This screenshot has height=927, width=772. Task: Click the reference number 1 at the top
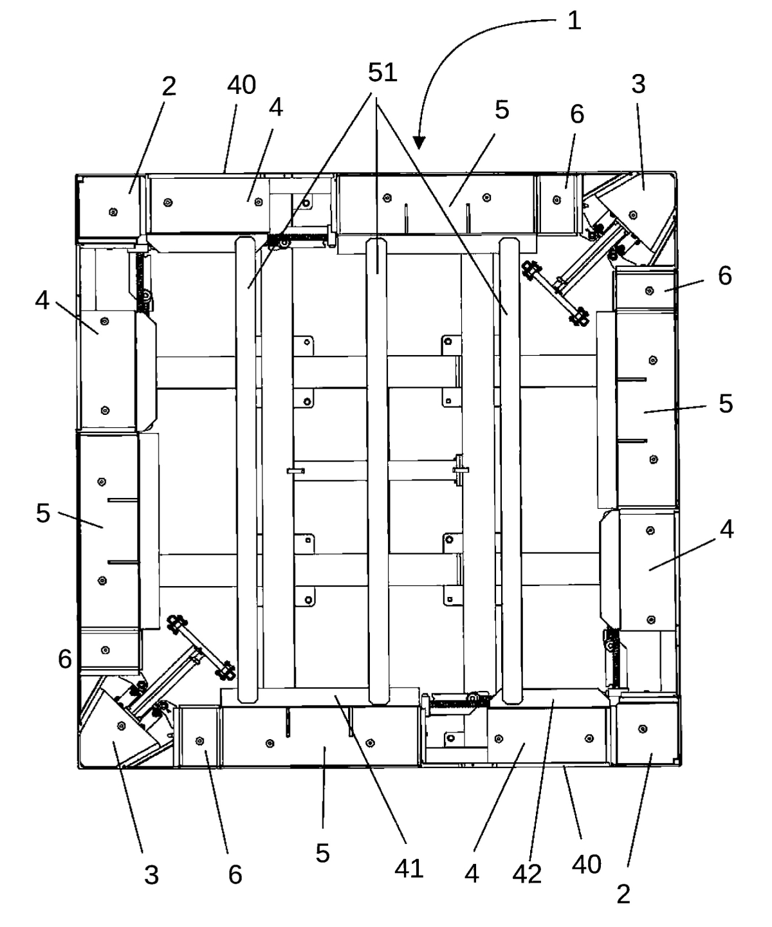click(x=574, y=21)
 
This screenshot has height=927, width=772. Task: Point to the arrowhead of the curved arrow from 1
click(x=419, y=143)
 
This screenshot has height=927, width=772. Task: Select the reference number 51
click(x=382, y=72)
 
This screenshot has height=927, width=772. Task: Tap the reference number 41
click(x=409, y=868)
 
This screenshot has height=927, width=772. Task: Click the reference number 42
click(x=527, y=874)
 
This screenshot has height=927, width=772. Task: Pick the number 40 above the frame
click(x=241, y=84)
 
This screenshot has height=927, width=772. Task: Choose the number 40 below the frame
click(x=587, y=865)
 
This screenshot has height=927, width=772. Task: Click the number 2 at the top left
click(x=169, y=86)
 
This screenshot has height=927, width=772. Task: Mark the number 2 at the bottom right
click(x=623, y=895)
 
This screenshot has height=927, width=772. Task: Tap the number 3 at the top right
click(x=638, y=84)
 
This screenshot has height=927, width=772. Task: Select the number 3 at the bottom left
click(x=151, y=875)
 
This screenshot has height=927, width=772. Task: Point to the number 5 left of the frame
click(x=43, y=513)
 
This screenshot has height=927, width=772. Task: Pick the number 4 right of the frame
click(x=726, y=529)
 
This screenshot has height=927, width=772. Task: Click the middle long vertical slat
click(x=378, y=471)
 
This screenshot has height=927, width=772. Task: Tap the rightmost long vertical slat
click(x=511, y=471)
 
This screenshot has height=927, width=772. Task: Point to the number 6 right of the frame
click(x=724, y=276)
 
